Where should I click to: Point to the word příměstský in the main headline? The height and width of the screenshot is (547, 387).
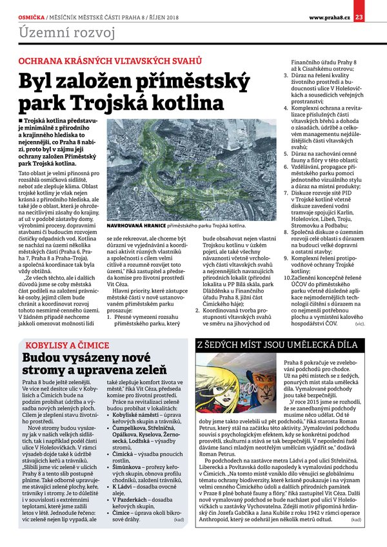[x=189, y=81]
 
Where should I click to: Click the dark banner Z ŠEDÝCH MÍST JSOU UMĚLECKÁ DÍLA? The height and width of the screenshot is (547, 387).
[x=276, y=345]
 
